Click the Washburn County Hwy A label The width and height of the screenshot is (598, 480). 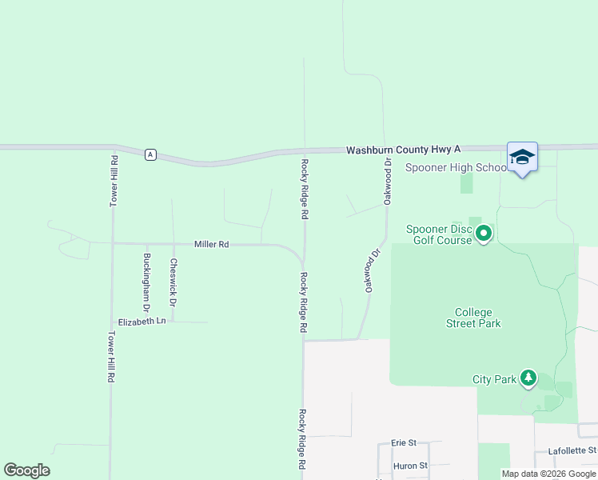tap(404, 150)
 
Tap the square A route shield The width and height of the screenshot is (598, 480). tap(149, 154)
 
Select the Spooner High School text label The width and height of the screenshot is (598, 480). tap(456, 167)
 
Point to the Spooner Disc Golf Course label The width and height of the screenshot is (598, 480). tap(440, 235)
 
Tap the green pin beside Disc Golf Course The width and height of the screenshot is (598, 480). tap(484, 234)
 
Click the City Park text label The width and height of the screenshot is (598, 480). tap(494, 379)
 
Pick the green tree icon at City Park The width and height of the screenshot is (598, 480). tap(528, 378)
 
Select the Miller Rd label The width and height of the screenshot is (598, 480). tap(212, 244)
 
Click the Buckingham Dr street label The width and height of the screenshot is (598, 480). tap(146, 282)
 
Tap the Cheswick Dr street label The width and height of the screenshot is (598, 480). tap(173, 282)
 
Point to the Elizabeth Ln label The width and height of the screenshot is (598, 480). tap(142, 321)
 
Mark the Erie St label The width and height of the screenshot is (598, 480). tap(405, 442)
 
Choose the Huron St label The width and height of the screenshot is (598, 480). tap(410, 465)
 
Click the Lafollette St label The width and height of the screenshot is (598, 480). tap(572, 451)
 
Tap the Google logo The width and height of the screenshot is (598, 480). tap(26, 470)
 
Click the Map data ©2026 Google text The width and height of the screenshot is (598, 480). tap(549, 474)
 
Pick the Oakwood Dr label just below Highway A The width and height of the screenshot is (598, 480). tap(387, 181)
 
